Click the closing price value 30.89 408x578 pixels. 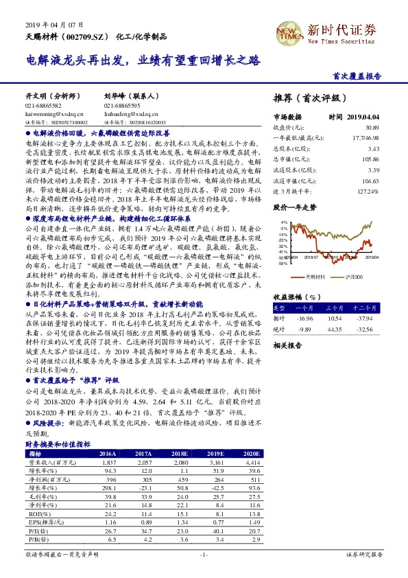point(372,128)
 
